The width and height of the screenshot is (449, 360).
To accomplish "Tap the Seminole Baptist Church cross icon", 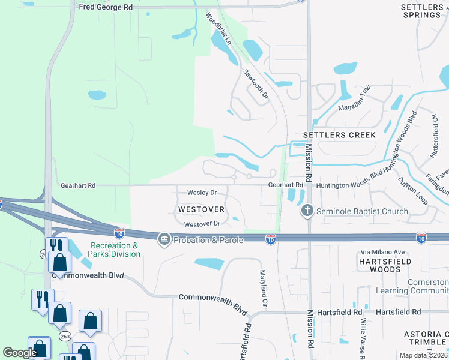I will click(307, 211).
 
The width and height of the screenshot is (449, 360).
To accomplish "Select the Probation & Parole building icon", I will click(164, 240).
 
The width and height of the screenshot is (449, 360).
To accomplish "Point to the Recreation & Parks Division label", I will click(115, 250).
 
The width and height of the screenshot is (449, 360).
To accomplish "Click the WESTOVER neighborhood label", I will click(201, 209).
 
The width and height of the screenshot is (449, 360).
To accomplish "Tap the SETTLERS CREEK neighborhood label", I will click(339, 135).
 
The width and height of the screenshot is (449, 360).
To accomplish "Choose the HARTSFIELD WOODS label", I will click(384, 265).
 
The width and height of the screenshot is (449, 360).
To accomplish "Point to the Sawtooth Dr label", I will click(256, 84).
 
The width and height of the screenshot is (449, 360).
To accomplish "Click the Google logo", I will click(20, 353).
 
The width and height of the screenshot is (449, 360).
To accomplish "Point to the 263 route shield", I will click(64, 337).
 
